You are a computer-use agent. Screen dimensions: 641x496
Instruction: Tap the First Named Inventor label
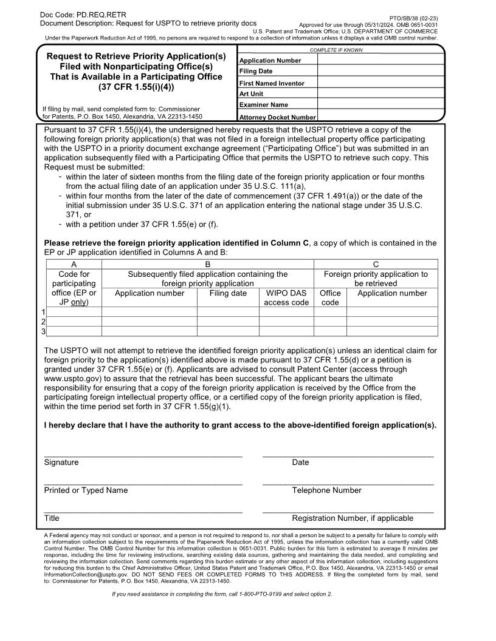click(x=272, y=83)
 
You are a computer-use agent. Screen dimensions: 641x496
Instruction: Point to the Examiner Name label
click(x=264, y=105)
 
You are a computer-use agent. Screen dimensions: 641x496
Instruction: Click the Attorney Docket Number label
click(x=277, y=117)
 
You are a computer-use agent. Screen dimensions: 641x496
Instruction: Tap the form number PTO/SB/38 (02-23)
click(x=413, y=19)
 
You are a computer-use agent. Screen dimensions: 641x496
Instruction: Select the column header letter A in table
click(x=74, y=264)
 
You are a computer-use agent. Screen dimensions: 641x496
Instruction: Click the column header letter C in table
click(x=375, y=264)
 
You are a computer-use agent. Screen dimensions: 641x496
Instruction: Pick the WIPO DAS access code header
click(x=286, y=297)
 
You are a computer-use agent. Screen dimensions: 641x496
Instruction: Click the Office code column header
click(x=330, y=297)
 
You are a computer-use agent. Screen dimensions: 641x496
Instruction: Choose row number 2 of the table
click(x=43, y=322)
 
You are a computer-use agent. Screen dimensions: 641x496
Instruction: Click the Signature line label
click(x=61, y=463)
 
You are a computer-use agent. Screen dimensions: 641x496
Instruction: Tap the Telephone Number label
click(x=326, y=490)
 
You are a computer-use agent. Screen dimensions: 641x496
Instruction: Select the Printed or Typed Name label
click(x=86, y=490)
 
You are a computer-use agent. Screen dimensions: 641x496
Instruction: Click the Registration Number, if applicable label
click(x=353, y=518)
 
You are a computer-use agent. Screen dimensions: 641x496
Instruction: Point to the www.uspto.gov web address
click(x=71, y=378)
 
